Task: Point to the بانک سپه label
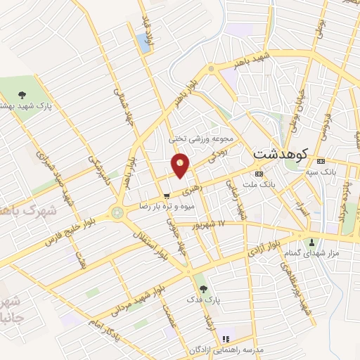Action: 321,171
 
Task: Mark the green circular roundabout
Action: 117,212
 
